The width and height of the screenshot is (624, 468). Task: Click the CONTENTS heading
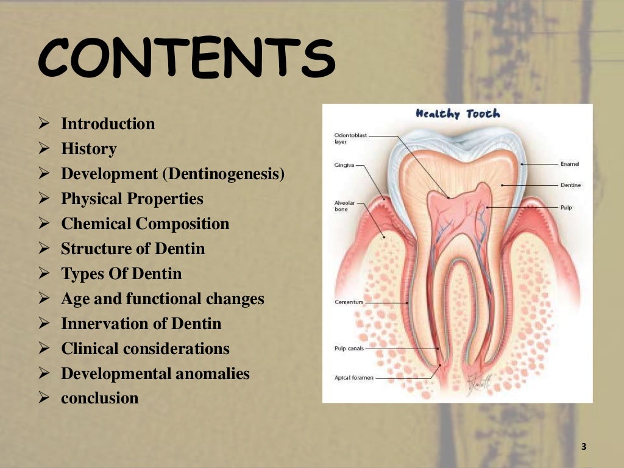pyautogui.click(x=186, y=60)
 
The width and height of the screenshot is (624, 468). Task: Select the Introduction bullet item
pyautogui.click(x=108, y=124)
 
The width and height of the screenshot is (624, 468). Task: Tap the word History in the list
pyautogui.click(x=88, y=149)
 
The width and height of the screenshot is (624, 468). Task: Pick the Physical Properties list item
pyautogui.click(x=132, y=199)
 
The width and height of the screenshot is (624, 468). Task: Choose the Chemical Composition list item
pyautogui.click(x=145, y=224)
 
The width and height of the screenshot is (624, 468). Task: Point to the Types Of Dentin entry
pyautogui.click(x=121, y=274)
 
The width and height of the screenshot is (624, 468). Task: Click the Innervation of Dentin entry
pyautogui.click(x=141, y=324)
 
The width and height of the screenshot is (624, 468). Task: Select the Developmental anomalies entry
pyautogui.click(x=155, y=374)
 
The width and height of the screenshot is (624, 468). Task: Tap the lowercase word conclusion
pyautogui.click(x=100, y=399)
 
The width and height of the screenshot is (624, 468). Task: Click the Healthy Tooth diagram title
pyautogui.click(x=458, y=114)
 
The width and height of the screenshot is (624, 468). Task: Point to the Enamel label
pyautogui.click(x=570, y=164)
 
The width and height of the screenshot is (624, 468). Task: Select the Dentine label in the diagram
pyautogui.click(x=570, y=185)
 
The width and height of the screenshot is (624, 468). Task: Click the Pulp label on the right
pyautogui.click(x=566, y=207)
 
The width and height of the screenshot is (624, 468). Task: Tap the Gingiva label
pyautogui.click(x=344, y=165)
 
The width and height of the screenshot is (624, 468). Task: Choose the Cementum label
pyautogui.click(x=349, y=302)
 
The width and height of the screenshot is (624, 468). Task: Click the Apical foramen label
pyautogui.click(x=354, y=378)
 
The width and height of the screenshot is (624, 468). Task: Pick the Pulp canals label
pyautogui.click(x=350, y=349)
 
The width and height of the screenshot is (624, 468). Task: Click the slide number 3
pyautogui.click(x=583, y=447)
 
